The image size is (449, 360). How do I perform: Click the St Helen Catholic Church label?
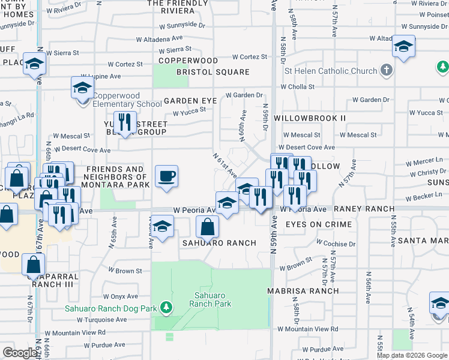(331, 71)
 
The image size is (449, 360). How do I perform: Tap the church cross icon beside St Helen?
(386, 71)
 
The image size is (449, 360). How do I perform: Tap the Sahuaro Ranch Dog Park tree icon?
(166, 308)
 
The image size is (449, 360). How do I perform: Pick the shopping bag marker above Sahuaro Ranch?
(207, 227)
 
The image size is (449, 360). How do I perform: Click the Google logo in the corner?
(19, 353)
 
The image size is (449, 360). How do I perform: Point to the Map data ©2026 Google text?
(411, 355)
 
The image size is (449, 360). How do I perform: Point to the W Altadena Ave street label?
(163, 39)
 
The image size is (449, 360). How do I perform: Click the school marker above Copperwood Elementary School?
(82, 88)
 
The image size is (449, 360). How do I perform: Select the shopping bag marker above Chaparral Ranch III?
(34, 264)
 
